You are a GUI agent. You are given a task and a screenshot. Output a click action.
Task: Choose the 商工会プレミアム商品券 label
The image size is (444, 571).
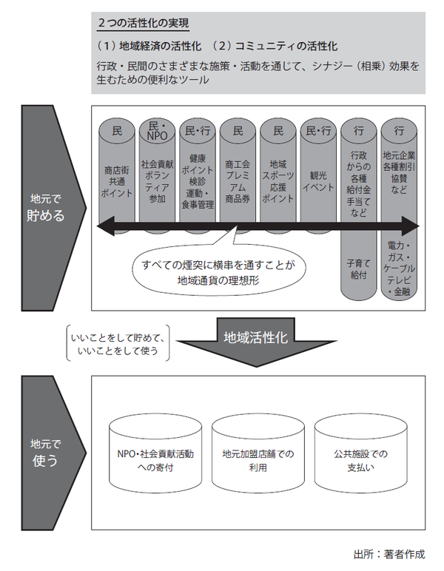pos(238,180)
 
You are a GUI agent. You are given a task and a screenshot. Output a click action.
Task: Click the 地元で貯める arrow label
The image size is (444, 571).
pos(47,208)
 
